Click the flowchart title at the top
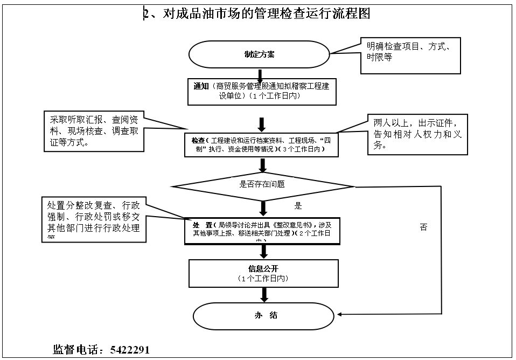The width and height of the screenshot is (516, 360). (x=257, y=13)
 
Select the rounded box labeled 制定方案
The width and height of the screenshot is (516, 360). (x=259, y=54)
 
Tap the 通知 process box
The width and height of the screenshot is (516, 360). (x=262, y=91)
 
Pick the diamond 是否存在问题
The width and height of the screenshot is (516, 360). (x=262, y=184)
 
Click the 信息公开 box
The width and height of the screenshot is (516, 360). (x=263, y=273)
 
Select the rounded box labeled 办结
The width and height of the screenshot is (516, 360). (x=265, y=315)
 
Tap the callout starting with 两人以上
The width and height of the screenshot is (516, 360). (x=414, y=134)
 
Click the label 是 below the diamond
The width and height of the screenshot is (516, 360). (x=298, y=205)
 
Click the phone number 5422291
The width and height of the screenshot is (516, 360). (x=130, y=349)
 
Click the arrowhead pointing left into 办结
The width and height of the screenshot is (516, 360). (x=341, y=315)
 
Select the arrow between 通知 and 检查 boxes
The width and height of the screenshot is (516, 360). (x=262, y=124)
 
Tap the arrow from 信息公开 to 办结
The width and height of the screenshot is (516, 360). (x=264, y=294)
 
